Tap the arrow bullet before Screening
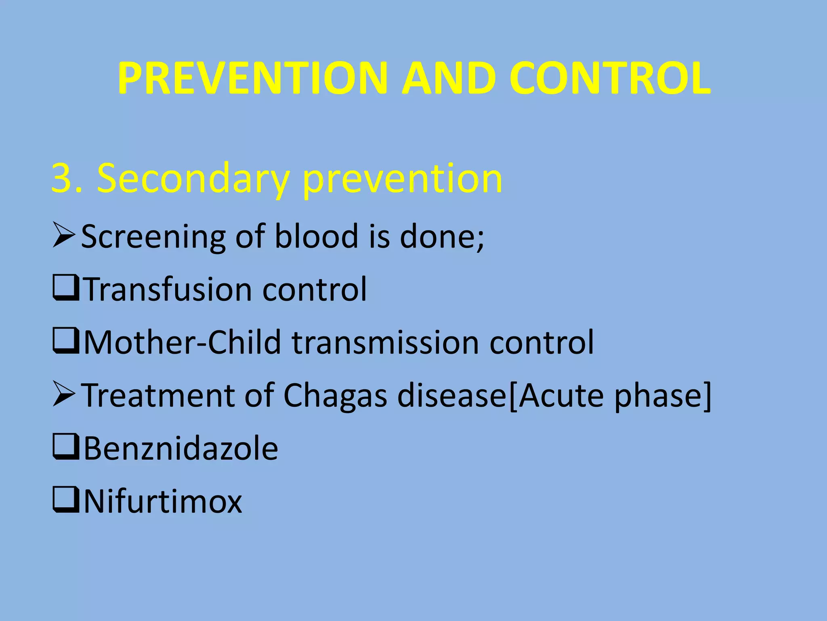click(64, 236)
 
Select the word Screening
click(153, 237)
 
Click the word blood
click(316, 236)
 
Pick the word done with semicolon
click(442, 236)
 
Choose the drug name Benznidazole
click(181, 448)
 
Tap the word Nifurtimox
click(163, 501)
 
